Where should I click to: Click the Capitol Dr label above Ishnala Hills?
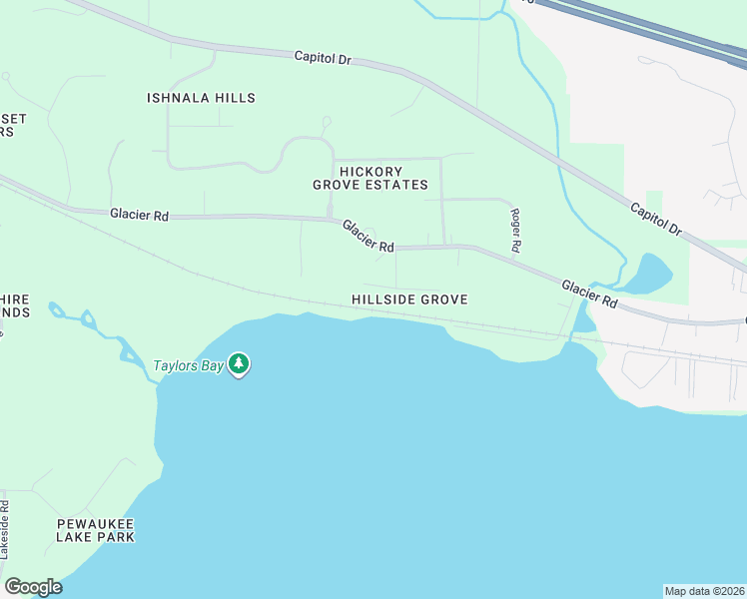click(324, 58)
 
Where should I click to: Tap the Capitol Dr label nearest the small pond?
click(655, 219)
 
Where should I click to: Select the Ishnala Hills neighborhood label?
click(201, 98)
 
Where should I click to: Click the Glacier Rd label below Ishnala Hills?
click(140, 213)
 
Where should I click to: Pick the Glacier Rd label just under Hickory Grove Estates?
click(369, 236)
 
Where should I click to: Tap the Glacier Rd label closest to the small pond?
click(588, 293)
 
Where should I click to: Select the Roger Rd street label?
click(516, 230)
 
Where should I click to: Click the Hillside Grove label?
click(409, 299)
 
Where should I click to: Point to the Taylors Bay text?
click(187, 365)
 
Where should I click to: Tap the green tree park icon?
click(238, 363)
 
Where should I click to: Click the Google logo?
click(33, 587)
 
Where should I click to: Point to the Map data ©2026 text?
click(704, 590)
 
